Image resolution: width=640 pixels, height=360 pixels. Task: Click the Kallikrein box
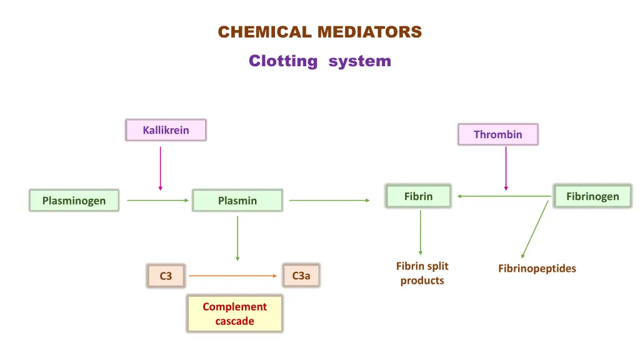[x=166, y=130]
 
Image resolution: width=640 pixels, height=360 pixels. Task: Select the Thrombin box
[x=497, y=134]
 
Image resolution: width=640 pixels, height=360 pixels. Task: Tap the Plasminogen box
[x=74, y=201]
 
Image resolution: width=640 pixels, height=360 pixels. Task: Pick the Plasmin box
[x=237, y=201]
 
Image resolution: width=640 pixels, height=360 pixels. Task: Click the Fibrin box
[x=418, y=196]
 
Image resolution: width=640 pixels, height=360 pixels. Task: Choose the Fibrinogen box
[x=592, y=196]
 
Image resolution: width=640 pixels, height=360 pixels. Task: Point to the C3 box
[x=166, y=276]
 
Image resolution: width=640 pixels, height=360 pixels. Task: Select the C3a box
[x=301, y=275]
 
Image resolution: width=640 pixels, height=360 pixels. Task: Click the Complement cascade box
[x=234, y=314]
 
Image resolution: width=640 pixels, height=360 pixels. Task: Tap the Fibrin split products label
[x=422, y=273]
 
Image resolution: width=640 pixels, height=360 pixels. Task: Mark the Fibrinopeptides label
[x=537, y=268]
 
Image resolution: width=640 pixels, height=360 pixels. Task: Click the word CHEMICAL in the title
[x=264, y=32]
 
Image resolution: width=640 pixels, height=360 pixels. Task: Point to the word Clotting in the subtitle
[x=282, y=61]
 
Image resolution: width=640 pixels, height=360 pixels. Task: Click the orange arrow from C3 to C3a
[x=232, y=276]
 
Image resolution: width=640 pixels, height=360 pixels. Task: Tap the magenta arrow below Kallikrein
[x=161, y=168]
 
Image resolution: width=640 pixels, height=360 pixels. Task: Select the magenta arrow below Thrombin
[x=506, y=168]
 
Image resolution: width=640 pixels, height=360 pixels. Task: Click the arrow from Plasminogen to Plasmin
[x=157, y=201]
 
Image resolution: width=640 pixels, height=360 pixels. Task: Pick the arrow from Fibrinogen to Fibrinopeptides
[x=534, y=229]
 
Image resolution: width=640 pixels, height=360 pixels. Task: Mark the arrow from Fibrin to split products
[x=420, y=232]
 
